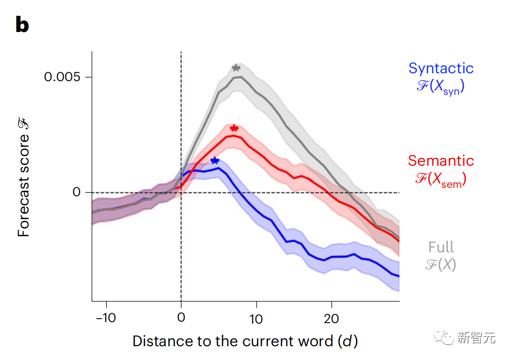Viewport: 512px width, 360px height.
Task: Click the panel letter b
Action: coord(22,25)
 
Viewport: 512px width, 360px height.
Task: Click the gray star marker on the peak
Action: coord(236,68)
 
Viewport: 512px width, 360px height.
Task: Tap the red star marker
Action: coord(234,128)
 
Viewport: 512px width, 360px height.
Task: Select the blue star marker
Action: coord(214,160)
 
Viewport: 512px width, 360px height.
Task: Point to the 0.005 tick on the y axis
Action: coord(61,77)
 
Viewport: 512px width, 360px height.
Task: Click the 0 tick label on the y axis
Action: coord(76,192)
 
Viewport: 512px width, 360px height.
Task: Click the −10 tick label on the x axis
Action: coord(105,319)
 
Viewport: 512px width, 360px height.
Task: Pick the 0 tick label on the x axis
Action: coord(181,319)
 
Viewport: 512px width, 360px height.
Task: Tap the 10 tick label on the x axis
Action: coord(256,319)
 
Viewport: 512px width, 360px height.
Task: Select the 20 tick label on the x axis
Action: coord(332,319)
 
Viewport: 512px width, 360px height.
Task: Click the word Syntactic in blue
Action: coord(441,68)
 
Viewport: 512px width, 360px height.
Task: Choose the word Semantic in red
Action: coord(441,160)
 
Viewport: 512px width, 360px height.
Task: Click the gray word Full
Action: coord(441,246)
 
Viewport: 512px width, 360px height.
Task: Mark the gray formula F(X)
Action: coord(441,265)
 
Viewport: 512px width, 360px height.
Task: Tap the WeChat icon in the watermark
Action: coord(447,337)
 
